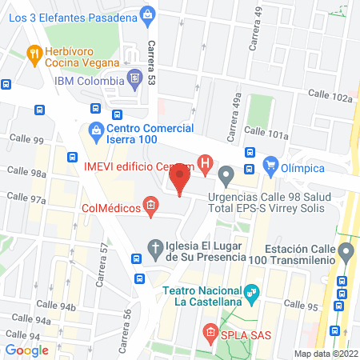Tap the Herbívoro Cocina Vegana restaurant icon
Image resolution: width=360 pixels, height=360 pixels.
coord(34,55)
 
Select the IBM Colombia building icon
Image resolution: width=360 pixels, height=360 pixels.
coord(135,79)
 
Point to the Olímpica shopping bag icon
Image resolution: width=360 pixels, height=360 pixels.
coord(272,168)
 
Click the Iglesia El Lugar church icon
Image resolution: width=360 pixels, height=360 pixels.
coord(157,247)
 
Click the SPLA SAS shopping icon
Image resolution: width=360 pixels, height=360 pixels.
coord(210,331)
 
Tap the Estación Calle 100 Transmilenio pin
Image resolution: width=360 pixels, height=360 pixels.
coord(346,252)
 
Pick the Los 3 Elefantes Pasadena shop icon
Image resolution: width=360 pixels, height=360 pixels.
coord(147,13)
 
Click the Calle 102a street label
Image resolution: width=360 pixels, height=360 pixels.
coord(330,97)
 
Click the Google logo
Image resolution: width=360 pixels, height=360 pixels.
coord(27,350)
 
